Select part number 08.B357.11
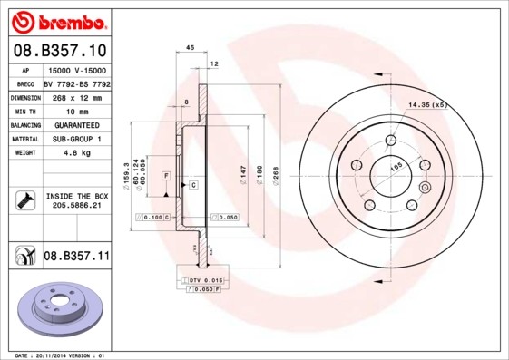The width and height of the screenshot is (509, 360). point(75,257)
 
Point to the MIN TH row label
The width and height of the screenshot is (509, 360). point(24,109)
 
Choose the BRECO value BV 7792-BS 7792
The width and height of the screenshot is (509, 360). point(75,83)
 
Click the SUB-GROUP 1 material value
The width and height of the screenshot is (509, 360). point(75,139)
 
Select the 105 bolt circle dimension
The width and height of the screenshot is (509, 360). point(396,168)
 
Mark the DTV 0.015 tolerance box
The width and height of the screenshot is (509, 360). point(205,281)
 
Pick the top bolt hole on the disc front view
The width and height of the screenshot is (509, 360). point(390,140)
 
